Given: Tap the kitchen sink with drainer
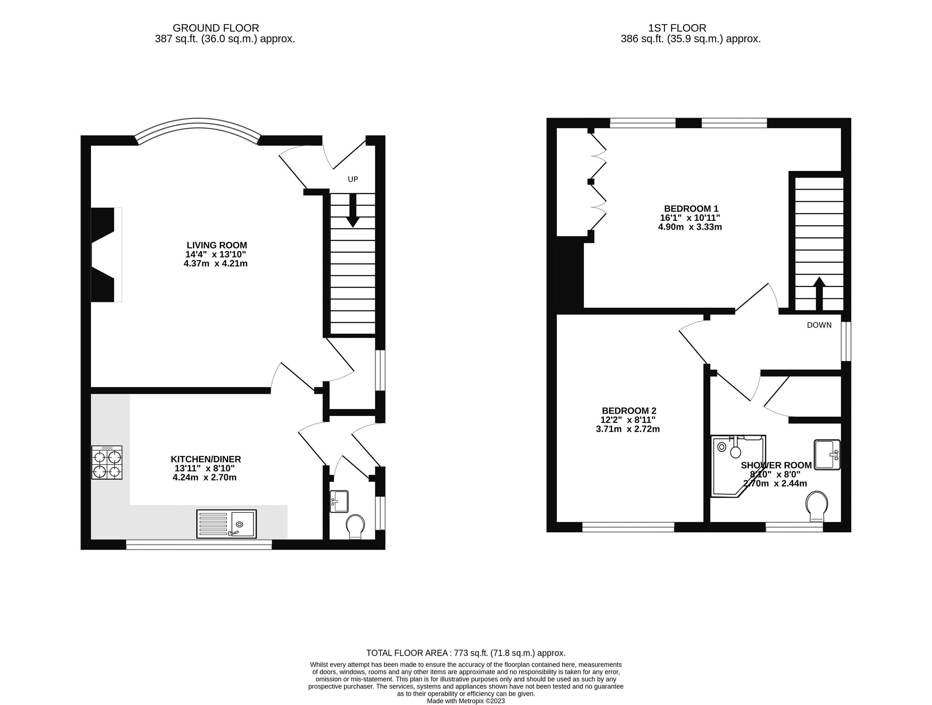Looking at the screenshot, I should tap(226, 524).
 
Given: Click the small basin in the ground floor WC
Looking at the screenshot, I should tap(339, 501).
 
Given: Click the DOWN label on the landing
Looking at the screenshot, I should tap(819, 325).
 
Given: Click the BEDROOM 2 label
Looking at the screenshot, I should tap(629, 411).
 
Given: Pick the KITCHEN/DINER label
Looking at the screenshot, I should tap(206, 459).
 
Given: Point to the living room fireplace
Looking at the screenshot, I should tap(103, 255).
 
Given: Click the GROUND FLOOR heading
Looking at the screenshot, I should tap(216, 28).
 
